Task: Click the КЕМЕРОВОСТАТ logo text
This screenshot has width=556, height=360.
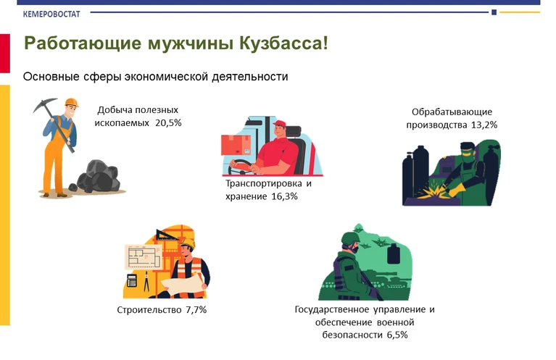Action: (51, 14)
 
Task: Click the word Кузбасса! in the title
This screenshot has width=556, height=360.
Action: (283, 43)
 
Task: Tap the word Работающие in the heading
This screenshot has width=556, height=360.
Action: (83, 44)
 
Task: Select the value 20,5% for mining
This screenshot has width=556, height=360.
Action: (168, 123)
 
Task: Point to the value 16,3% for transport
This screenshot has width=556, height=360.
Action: (284, 196)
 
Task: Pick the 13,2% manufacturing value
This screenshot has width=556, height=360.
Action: (484, 125)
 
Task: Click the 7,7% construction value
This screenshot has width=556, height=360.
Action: (196, 310)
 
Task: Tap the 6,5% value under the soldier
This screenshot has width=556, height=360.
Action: (397, 335)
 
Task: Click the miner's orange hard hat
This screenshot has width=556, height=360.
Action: (71, 102)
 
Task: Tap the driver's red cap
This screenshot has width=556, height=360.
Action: (280, 124)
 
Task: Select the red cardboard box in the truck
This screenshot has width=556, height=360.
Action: (236, 145)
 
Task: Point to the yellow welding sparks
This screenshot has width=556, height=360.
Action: (433, 188)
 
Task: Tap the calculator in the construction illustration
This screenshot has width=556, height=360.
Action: (131, 280)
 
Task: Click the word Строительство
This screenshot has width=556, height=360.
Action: (149, 310)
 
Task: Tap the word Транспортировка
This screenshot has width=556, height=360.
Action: (264, 183)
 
